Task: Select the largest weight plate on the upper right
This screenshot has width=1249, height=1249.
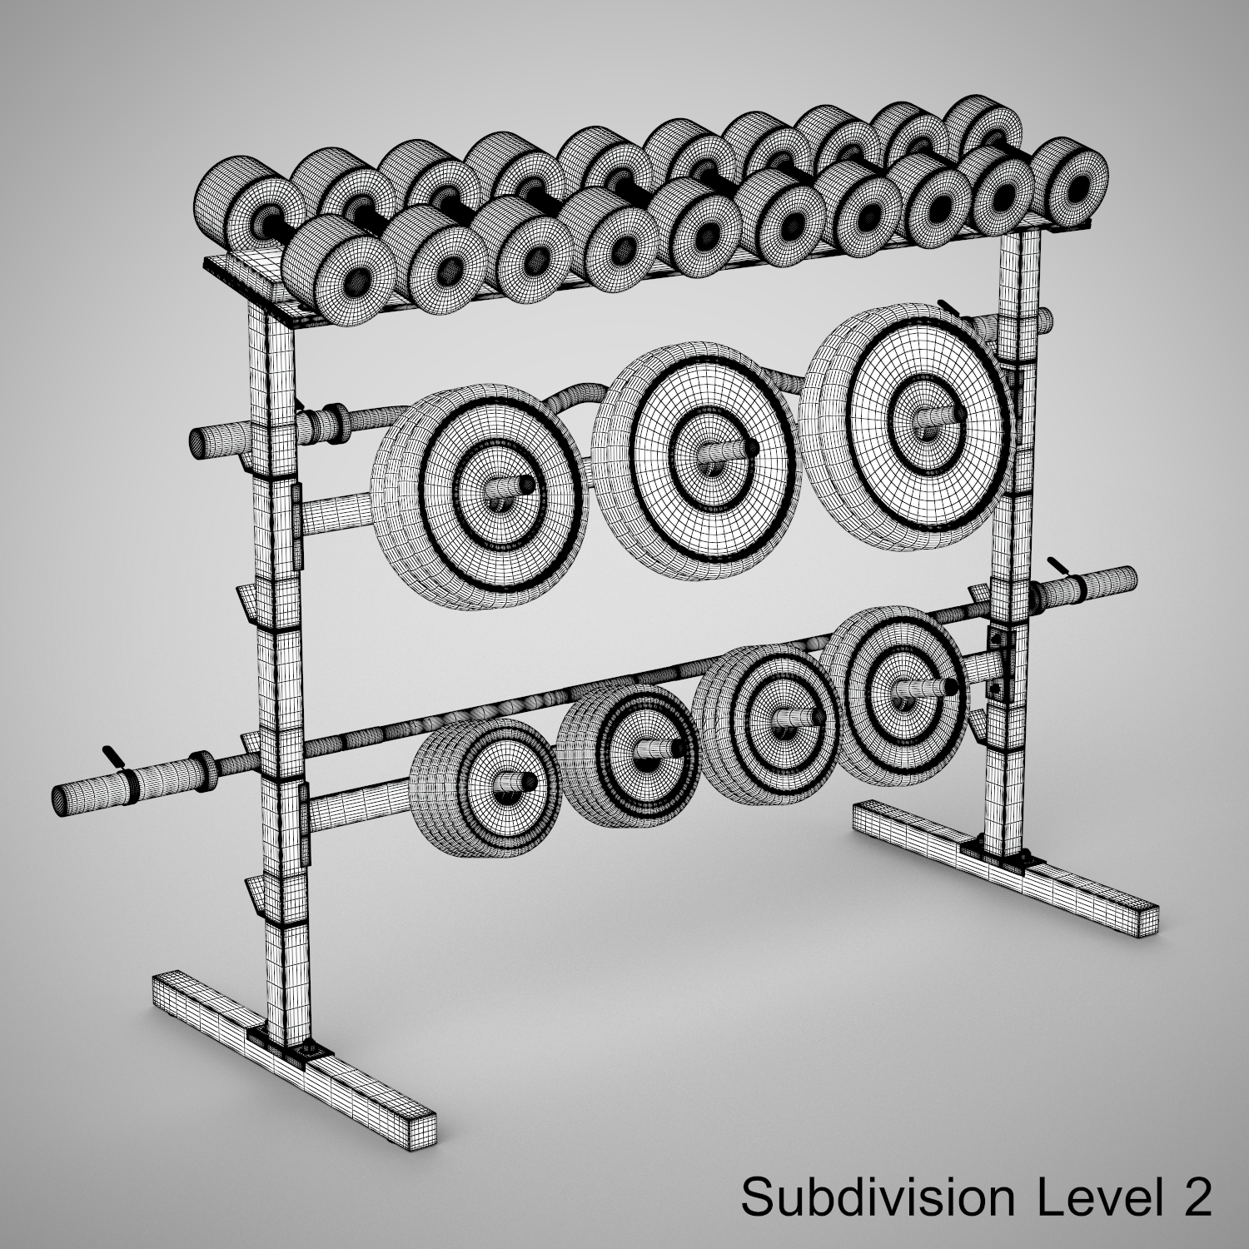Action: coord(920,416)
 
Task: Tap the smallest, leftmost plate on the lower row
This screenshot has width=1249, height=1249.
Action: coord(491,783)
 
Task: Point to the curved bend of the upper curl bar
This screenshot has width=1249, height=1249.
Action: coord(575,391)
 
